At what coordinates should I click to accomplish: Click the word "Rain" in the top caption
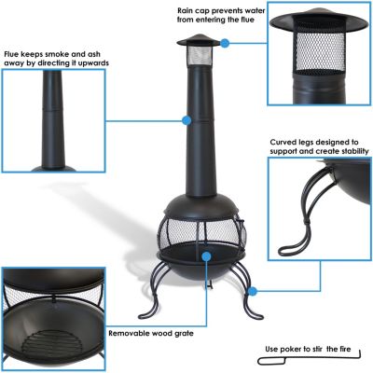tap(186, 10)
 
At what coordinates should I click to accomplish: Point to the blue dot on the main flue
tap(186, 120)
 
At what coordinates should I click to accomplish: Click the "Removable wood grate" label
tap(152, 331)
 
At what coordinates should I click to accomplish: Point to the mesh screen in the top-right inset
tap(318, 56)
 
